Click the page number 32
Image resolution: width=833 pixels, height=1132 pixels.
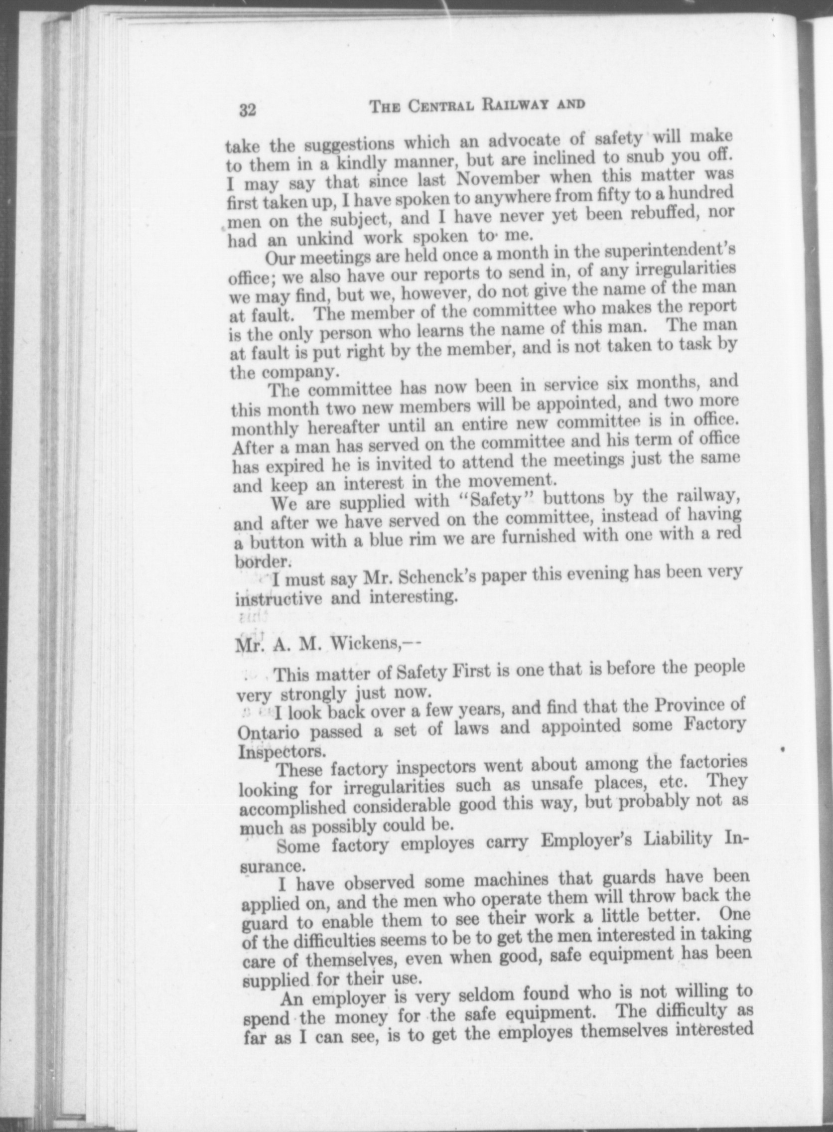248,110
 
